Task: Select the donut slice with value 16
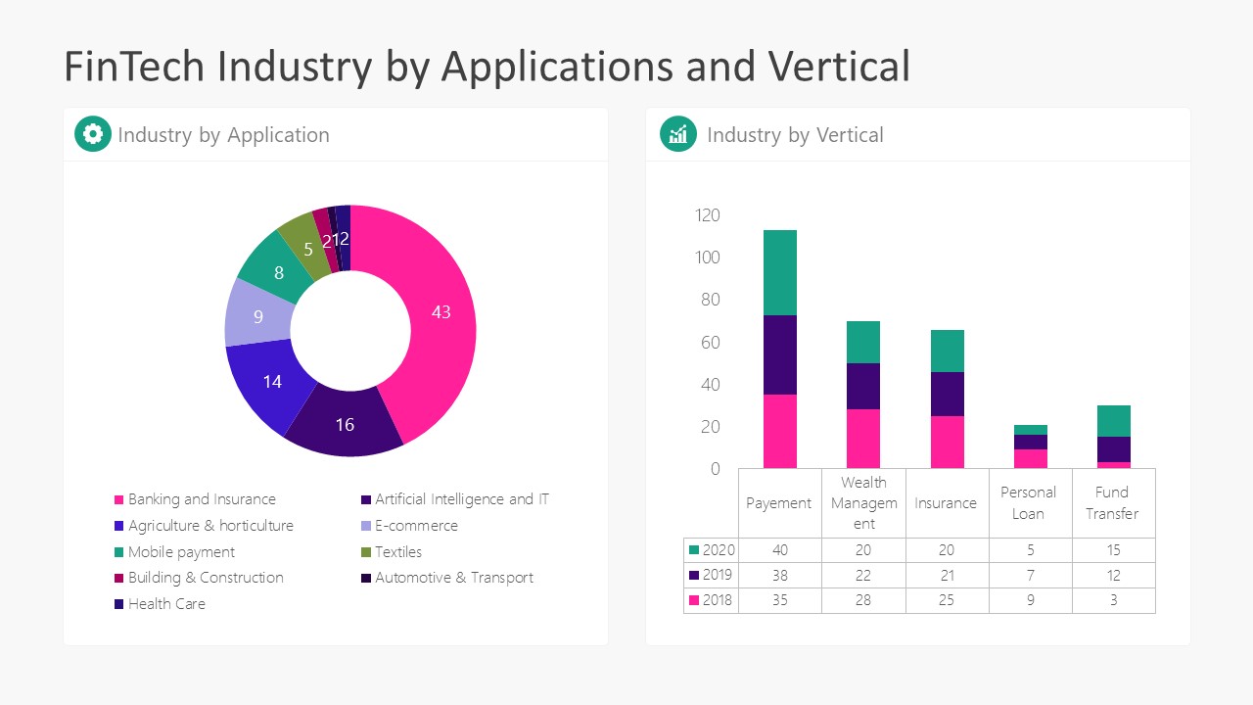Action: tap(345, 424)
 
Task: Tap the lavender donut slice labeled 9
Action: tap(258, 316)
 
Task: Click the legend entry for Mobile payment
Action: tap(181, 552)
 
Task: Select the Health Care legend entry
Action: tap(166, 604)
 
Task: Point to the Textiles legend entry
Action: tap(397, 552)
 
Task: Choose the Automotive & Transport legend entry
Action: tap(453, 578)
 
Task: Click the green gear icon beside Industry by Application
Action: tap(93, 134)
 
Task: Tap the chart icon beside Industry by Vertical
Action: tap(678, 134)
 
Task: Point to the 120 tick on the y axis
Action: tap(707, 215)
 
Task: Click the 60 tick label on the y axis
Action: tap(710, 343)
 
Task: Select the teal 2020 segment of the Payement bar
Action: tap(780, 272)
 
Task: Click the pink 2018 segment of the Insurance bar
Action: tap(947, 443)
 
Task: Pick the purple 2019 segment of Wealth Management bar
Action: tap(863, 386)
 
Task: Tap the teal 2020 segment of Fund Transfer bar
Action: tap(1113, 421)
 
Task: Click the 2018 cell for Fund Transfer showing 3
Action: tap(1113, 600)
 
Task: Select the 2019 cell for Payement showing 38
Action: tap(779, 575)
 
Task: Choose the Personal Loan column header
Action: tap(1029, 502)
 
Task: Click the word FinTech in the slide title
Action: tap(134, 67)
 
